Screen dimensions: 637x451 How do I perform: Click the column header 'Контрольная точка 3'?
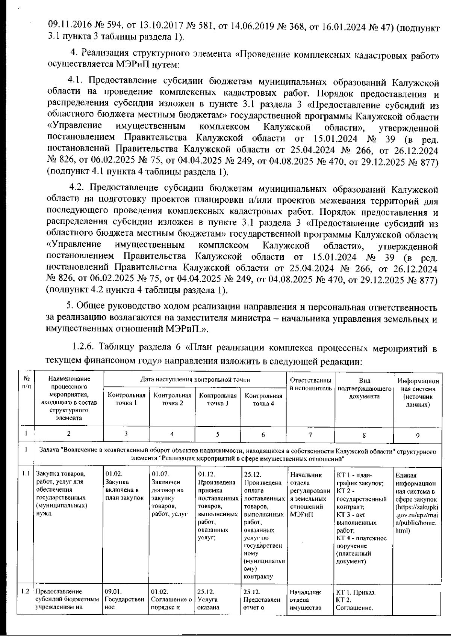(x=218, y=399)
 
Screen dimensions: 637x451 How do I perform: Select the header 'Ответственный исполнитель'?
(x=310, y=384)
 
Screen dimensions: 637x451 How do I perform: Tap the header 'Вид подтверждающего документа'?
(x=364, y=388)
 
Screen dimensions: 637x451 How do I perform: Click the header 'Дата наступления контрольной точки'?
(x=195, y=379)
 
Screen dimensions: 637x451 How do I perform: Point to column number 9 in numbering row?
(x=418, y=435)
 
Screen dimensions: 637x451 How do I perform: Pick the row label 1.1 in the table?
(x=25, y=473)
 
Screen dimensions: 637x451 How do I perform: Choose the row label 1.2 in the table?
(x=25, y=591)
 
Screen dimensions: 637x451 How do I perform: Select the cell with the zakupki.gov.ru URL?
(x=416, y=503)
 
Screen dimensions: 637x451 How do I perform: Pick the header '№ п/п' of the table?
(x=26, y=382)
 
